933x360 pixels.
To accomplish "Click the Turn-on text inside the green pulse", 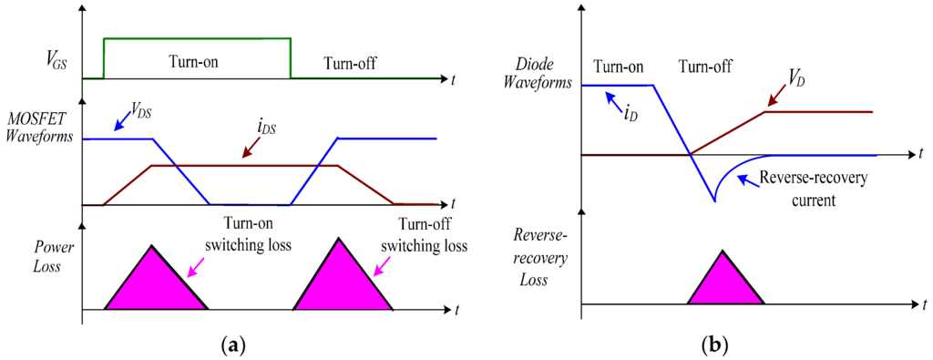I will coord(197,63).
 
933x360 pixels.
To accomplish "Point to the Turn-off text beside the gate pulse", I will coord(350,63).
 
